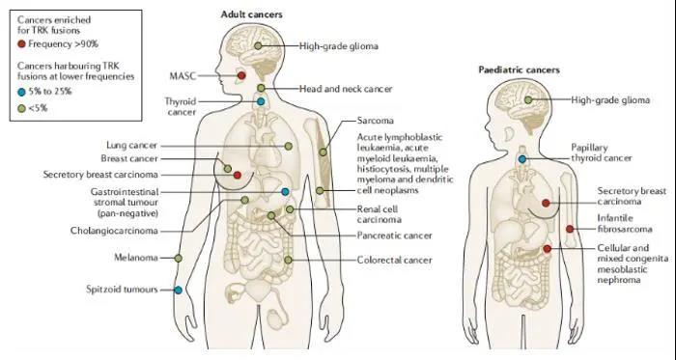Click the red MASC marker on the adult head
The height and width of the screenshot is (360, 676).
241,76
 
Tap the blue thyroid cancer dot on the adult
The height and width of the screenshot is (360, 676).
261,101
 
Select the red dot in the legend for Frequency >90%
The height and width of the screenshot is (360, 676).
21,44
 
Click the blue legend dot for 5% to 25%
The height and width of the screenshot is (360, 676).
21,92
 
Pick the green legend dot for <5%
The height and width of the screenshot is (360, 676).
21,108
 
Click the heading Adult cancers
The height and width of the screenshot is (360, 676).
252,14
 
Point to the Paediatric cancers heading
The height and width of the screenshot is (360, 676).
520,69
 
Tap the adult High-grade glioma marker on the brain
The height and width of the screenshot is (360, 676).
258,45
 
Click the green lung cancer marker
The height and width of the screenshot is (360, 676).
289,147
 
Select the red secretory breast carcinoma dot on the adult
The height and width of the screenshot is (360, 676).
238,176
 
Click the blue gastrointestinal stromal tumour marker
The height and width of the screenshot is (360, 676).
285,192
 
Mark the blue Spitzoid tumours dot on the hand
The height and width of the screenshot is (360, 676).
178,291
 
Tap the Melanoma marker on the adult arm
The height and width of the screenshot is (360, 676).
178,258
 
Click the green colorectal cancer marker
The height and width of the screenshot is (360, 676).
288,260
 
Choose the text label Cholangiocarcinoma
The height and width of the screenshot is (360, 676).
114,231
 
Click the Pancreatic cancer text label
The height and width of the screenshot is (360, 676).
394,235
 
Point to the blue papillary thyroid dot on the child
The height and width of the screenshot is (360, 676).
522,159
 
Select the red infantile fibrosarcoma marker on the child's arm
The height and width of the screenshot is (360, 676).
570,229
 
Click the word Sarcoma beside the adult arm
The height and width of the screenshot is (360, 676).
375,121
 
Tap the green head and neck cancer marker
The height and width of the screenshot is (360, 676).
261,88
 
